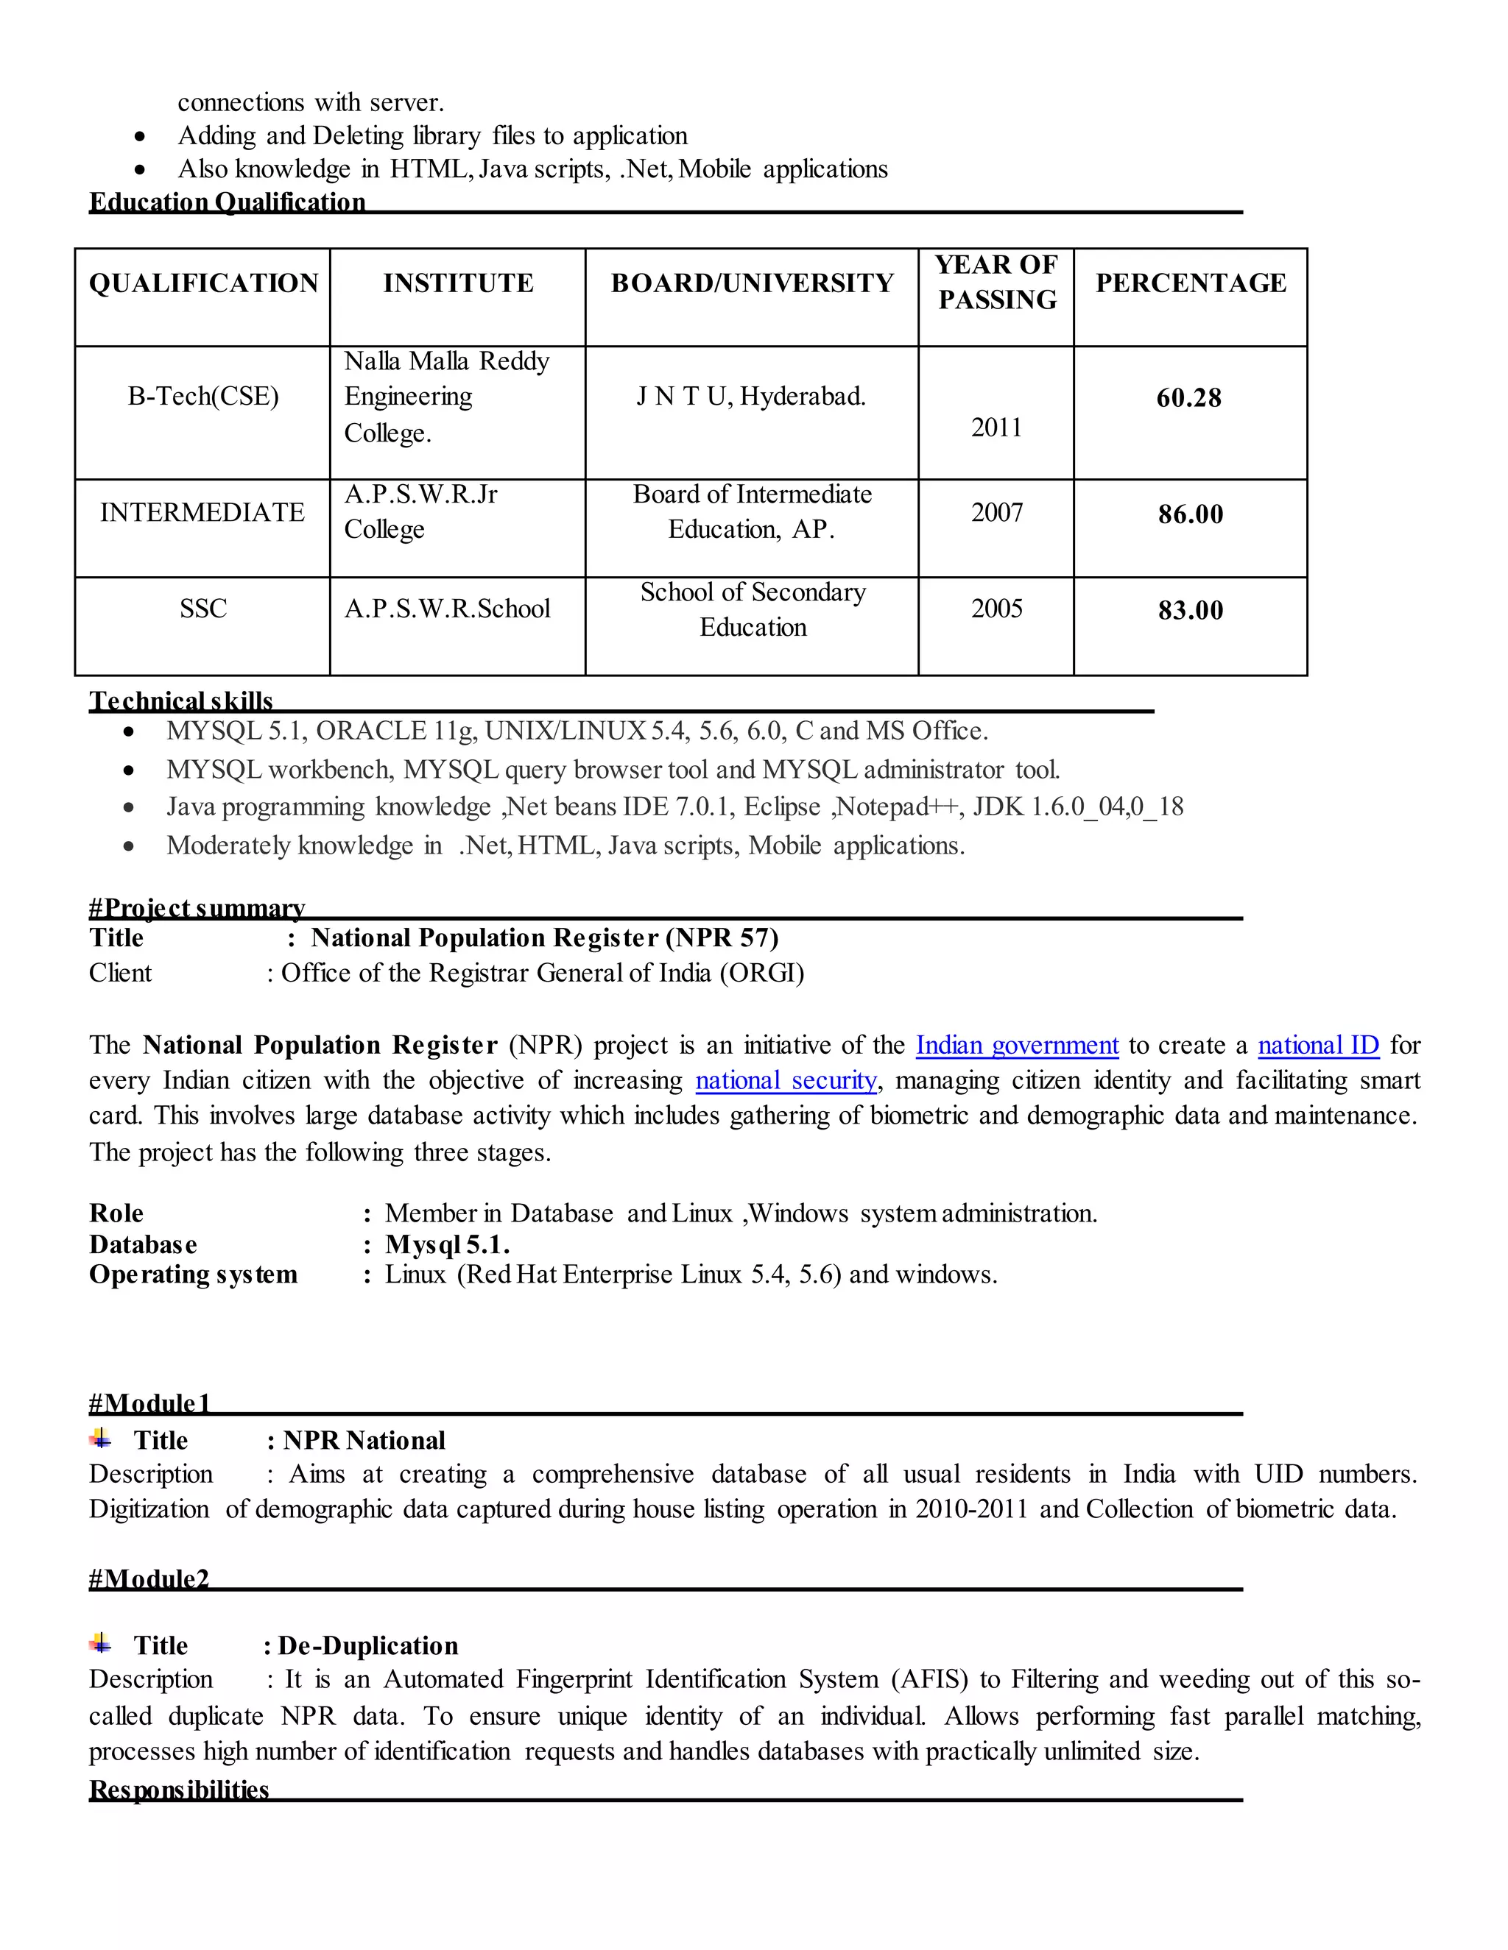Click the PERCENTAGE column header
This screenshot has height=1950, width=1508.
point(1190,283)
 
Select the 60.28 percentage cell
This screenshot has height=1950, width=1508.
point(1188,398)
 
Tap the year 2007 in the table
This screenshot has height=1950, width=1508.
point(996,512)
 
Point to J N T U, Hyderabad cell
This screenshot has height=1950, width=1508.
point(750,397)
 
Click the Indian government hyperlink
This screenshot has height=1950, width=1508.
point(1017,1046)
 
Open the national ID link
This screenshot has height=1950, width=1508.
point(1318,1046)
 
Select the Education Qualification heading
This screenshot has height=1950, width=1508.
point(227,202)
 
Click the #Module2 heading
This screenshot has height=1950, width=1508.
point(149,1578)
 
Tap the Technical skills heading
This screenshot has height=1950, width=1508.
point(180,701)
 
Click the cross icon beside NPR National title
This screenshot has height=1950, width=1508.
point(101,1438)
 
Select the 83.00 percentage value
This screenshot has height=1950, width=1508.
point(1190,611)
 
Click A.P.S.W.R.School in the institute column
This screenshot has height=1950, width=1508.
point(447,609)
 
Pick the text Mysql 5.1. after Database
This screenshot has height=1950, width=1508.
point(447,1244)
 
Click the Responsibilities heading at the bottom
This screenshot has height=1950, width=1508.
point(179,1790)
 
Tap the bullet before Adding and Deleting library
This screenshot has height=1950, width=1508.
point(140,137)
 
